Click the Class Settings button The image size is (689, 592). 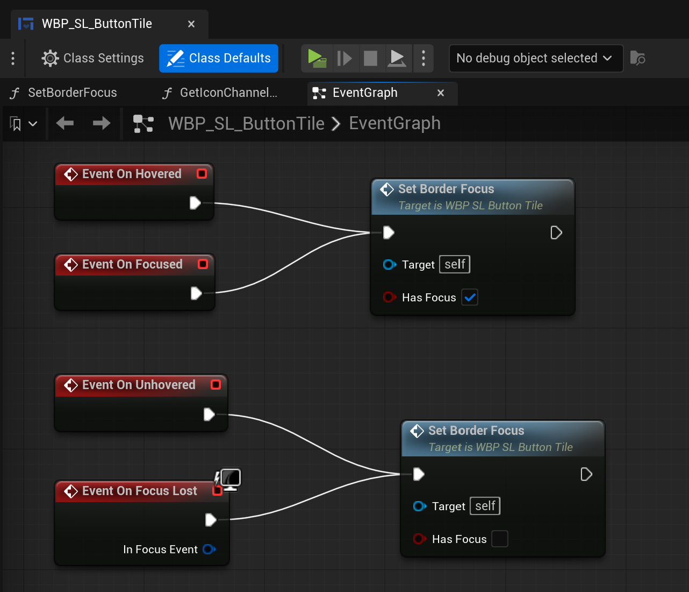[x=92, y=58]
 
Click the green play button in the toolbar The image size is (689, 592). [x=317, y=58]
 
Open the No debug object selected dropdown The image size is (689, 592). [x=535, y=58]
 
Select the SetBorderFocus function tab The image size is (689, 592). [x=72, y=93]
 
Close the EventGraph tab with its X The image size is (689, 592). [x=440, y=93]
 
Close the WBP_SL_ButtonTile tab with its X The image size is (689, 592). [x=191, y=24]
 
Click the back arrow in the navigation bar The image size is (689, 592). [x=65, y=123]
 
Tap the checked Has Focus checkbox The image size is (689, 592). [x=469, y=297]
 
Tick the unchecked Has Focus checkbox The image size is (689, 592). [x=499, y=539]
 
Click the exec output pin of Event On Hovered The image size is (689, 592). [x=195, y=203]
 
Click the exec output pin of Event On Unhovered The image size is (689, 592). [x=209, y=414]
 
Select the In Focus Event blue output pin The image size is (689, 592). [x=209, y=549]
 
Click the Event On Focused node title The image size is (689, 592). [x=132, y=264]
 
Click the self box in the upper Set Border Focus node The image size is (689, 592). [x=454, y=264]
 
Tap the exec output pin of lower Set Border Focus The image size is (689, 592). [x=586, y=474]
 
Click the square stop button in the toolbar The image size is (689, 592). [x=370, y=59]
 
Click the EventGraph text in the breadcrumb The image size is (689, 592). [x=394, y=123]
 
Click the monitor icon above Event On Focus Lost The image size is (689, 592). [x=230, y=479]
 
